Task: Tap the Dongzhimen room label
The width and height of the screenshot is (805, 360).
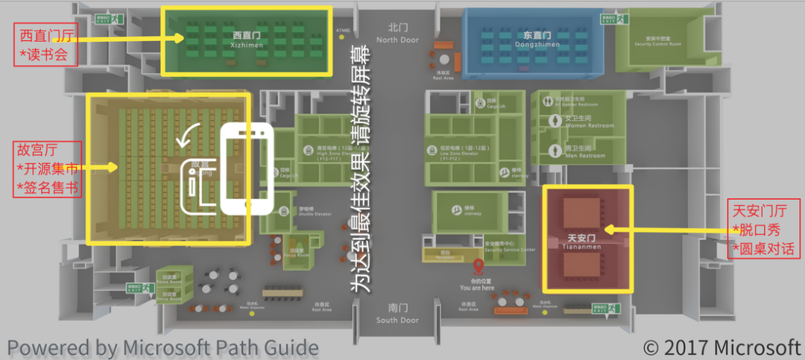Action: [533, 40]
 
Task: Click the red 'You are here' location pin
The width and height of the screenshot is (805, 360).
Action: [478, 268]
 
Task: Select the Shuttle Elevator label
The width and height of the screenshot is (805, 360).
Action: [307, 212]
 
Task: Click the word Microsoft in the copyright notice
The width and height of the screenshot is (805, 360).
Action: [757, 347]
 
